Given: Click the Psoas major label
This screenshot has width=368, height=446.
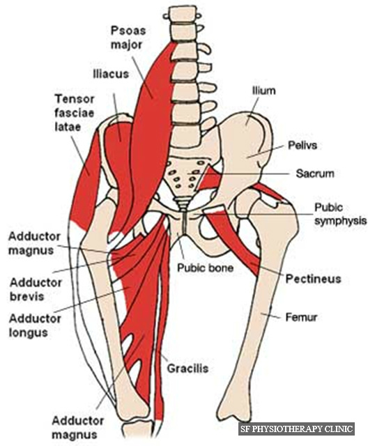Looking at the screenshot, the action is (128, 38).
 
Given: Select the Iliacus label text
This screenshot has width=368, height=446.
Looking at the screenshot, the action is (111, 75).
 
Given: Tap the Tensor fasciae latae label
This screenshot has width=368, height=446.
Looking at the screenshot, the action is (74, 113).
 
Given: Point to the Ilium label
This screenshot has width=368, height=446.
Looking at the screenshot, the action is (264, 91).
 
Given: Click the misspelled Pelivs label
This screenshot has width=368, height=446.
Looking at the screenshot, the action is (302, 146).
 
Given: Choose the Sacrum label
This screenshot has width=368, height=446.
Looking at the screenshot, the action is (315, 174).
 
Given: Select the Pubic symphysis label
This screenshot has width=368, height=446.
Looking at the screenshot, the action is (340, 214).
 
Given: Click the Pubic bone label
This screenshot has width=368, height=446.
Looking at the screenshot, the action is (205, 268).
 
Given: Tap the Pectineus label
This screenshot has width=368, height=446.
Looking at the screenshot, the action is (313, 279).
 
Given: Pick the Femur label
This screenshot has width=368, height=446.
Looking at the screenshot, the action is (301, 317).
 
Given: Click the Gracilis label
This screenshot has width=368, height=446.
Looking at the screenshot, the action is (187, 369).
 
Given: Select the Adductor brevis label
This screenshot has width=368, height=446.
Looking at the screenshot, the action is (36, 290).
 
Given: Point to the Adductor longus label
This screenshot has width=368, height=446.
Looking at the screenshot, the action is (35, 325).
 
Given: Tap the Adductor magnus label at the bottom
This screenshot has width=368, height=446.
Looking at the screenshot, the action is (77, 427).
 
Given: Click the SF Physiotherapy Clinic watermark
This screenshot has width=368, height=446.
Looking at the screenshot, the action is (296, 429).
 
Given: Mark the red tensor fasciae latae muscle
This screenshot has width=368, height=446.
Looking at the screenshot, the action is (85, 179).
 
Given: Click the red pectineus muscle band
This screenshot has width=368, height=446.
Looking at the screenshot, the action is (235, 242).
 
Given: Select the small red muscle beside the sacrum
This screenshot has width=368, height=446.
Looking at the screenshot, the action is (210, 178).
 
